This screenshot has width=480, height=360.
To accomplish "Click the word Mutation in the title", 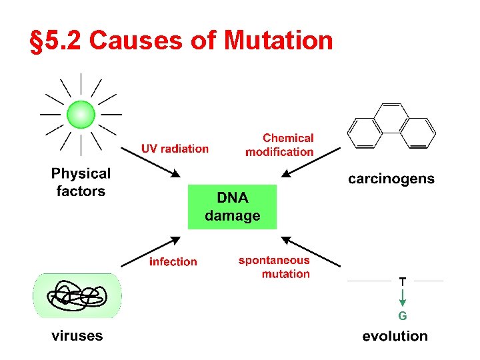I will tap(279, 41).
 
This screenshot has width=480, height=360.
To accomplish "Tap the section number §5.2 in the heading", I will tap(57, 41).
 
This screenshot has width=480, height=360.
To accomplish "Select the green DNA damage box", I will tap(232, 207).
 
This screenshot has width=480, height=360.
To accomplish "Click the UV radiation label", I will tap(175, 149).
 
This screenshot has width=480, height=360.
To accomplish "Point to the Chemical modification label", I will tap(280, 145).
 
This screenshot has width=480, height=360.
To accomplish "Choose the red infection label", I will tap(173, 262).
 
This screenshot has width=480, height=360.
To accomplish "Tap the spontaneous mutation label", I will tap(275, 267).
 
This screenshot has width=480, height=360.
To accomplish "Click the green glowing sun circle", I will tap(81, 114).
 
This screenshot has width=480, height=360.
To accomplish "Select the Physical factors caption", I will tap(81, 182).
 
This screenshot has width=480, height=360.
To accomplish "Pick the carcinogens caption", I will tap(391, 179).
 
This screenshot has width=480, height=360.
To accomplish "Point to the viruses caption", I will tap(77, 335).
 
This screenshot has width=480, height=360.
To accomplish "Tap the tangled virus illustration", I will tap(78, 295).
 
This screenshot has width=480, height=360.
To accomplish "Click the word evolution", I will tap(395, 336).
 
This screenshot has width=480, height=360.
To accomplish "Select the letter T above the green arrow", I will tap(403, 281).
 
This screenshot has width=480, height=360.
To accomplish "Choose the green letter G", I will tap(403, 315).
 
